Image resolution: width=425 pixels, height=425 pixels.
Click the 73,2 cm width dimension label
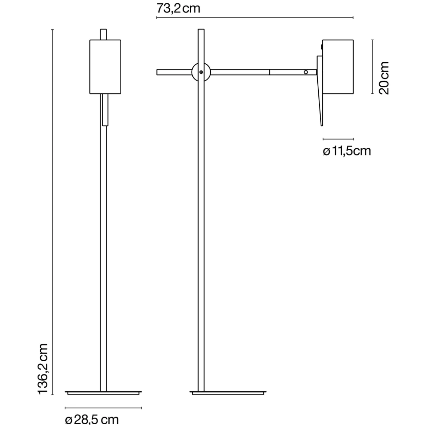click(178, 8)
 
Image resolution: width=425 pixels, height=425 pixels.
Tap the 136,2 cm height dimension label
click(44, 369)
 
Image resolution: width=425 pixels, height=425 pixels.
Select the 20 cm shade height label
click(383, 78)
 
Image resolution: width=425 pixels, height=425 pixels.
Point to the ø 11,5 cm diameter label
click(347, 151)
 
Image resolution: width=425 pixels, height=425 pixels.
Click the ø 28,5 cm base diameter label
click(92, 418)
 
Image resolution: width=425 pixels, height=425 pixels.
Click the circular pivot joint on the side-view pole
click(201, 72)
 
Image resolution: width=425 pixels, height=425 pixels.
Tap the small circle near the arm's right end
click(306, 72)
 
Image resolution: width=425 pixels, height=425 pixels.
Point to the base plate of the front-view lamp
click(104, 393)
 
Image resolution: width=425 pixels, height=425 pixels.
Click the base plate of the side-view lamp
click(228, 393)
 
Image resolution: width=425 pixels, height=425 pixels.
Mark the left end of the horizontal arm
click(158, 72)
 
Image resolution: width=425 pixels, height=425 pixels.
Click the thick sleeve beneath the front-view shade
click(105, 110)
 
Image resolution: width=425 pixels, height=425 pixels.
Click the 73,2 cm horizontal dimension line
click(255, 17)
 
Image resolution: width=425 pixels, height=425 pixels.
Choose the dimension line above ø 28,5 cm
click(103, 407)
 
